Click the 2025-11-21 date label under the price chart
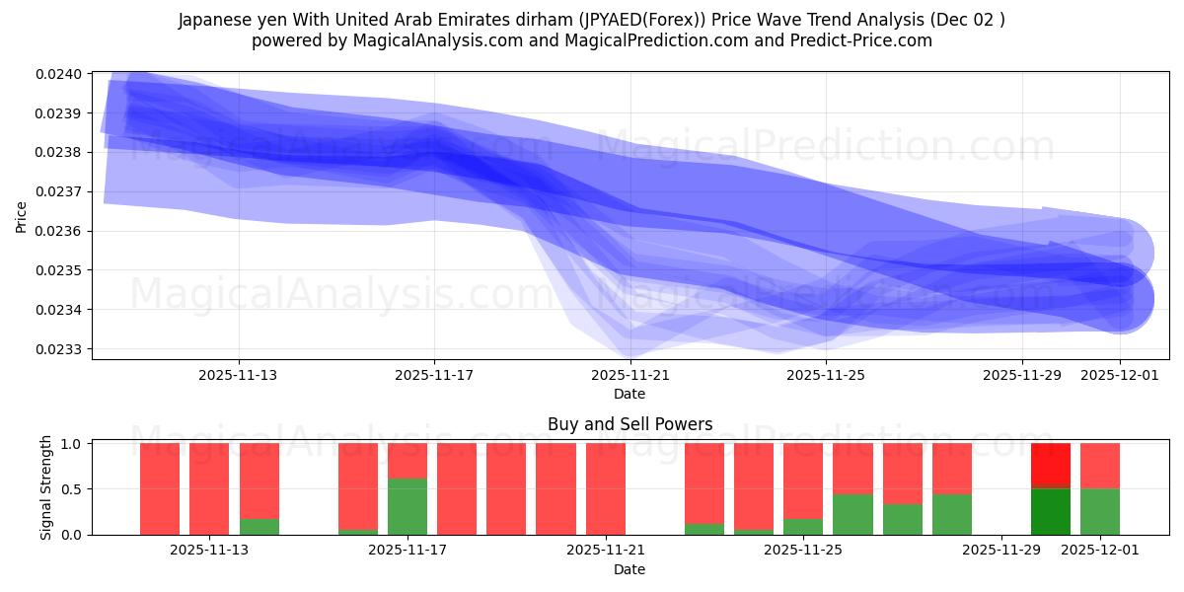[x=629, y=375]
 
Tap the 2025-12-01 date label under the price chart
[x=1120, y=375]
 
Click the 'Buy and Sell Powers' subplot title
[x=629, y=425]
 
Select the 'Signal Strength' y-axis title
[x=46, y=488]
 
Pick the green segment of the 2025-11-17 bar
[x=407, y=506]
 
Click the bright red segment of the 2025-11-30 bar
[x=1050, y=465]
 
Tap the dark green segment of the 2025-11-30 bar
[x=1050, y=511]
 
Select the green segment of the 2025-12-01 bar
[x=1100, y=511]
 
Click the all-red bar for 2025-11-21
[x=605, y=488]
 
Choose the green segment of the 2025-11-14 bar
[x=259, y=526]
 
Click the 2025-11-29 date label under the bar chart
[x=1001, y=551]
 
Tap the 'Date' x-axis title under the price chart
[x=629, y=394]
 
